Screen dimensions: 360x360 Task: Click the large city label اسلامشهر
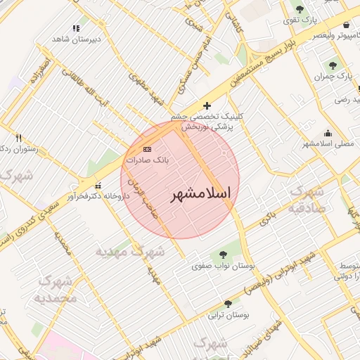(201, 193)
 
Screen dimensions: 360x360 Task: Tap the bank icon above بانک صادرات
(147, 149)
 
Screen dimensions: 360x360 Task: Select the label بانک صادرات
(146, 160)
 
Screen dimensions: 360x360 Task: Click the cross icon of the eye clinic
(205, 105)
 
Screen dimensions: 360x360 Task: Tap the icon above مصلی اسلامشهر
(327, 133)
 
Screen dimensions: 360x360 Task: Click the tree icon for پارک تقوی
(300, 10)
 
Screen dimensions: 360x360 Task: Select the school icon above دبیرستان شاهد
(76, 28)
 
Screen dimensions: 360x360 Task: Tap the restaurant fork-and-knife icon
(18, 138)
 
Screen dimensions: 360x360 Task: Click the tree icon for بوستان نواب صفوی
(223, 255)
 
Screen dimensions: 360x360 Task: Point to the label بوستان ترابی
(222, 315)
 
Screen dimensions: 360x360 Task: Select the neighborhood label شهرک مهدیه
(129, 251)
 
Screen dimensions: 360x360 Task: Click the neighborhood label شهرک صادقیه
(307, 198)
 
